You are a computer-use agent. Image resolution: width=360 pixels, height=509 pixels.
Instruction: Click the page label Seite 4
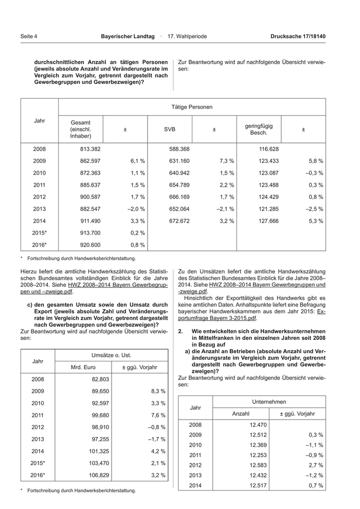click(x=29, y=37)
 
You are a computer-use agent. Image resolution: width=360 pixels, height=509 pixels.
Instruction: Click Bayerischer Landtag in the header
click(x=128, y=37)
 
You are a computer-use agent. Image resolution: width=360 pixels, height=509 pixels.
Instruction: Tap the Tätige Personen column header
click(x=192, y=107)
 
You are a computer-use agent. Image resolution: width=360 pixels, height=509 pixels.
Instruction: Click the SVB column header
click(x=169, y=130)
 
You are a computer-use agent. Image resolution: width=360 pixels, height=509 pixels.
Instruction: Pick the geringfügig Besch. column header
click(x=259, y=130)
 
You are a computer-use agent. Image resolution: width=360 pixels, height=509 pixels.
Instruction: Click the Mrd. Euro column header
click(x=83, y=367)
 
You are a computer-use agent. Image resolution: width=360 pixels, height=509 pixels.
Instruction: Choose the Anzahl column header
click(x=241, y=413)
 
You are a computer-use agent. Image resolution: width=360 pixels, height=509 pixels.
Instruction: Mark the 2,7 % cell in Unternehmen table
click(x=314, y=465)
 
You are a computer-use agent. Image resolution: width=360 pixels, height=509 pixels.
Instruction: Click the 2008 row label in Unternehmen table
click(x=195, y=425)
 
